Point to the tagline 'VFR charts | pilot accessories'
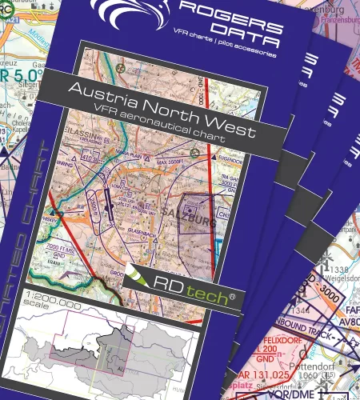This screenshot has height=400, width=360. point(228,53)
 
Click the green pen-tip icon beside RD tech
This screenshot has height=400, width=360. point(139,274)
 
